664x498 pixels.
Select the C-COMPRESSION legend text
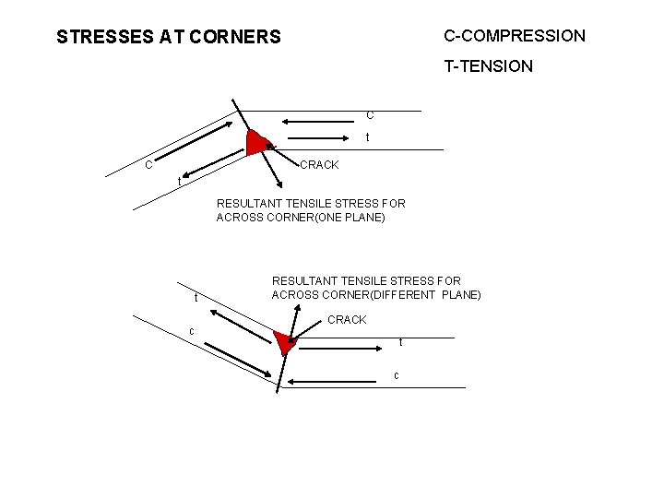(514, 36)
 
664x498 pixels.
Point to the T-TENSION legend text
(488, 66)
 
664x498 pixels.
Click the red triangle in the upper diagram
(258, 142)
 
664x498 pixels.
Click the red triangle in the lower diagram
(285, 342)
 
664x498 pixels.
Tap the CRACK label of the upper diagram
(319, 165)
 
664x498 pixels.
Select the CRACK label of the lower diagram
(347, 320)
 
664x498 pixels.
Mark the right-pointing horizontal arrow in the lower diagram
(342, 350)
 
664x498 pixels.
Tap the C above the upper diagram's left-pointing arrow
(370, 115)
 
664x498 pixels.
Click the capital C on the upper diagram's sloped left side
(148, 164)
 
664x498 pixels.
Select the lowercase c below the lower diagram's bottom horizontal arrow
(396, 375)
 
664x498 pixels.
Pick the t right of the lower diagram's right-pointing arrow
(400, 343)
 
